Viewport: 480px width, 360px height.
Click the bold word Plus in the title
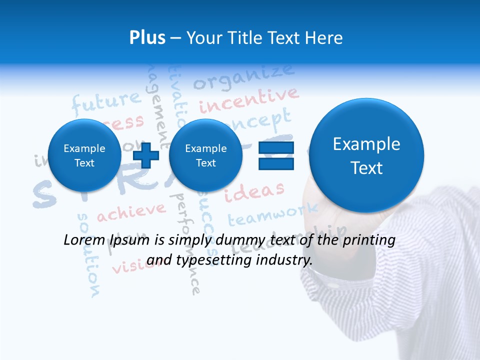tap(147, 38)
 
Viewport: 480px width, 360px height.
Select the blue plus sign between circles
tap(146, 155)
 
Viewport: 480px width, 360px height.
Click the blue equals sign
tap(276, 155)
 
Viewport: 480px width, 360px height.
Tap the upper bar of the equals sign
tap(276, 147)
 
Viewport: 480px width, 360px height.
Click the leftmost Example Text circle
tap(84, 155)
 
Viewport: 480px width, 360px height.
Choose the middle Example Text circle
tap(205, 155)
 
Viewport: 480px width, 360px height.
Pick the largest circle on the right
tap(366, 155)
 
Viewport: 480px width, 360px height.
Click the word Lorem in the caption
tap(83, 240)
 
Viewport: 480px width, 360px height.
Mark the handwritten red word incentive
tap(249, 100)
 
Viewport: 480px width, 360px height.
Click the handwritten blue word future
tap(106, 102)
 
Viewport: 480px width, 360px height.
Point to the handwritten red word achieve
tap(130, 212)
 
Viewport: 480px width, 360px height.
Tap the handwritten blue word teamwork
tap(272, 214)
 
